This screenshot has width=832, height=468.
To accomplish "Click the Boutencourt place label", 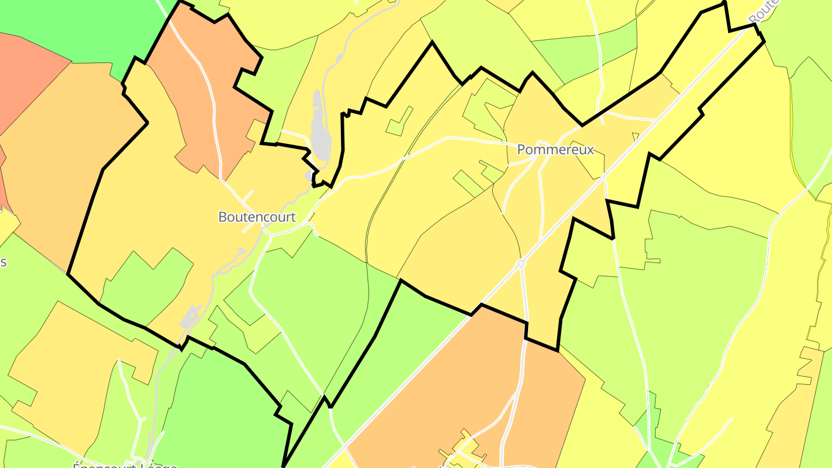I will coord(257,217).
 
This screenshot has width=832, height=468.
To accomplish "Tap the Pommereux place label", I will coord(555,150).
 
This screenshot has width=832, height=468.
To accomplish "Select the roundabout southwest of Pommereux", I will coord(521,263).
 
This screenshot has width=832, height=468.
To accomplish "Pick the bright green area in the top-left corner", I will coord(87,29).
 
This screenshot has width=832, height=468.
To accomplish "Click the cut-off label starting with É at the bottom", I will coord(124,464).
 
